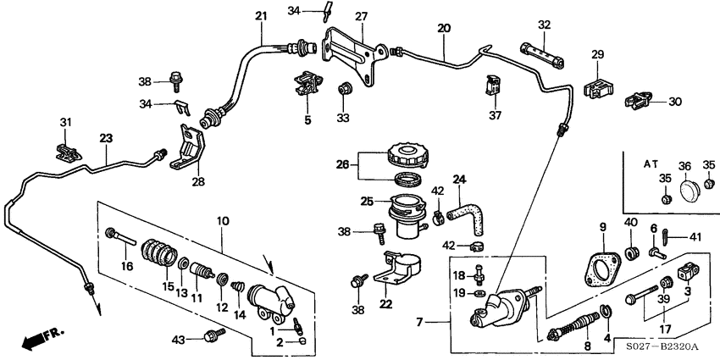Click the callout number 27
pyautogui.click(x=362, y=17)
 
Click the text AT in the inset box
pyautogui.click(x=651, y=162)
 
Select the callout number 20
pyautogui.click(x=443, y=28)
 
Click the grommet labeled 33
pyautogui.click(x=345, y=88)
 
